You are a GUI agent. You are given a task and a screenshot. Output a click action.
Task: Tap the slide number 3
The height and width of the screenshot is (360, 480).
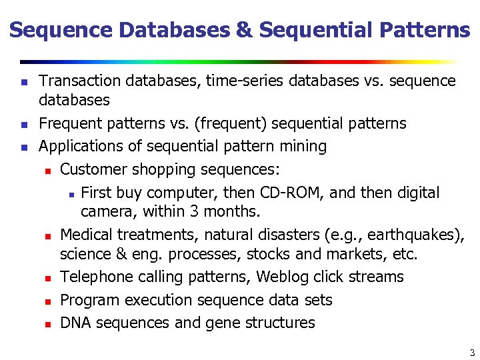pos(471,353)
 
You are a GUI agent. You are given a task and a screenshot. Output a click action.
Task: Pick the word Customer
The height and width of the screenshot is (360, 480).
pos(93,169)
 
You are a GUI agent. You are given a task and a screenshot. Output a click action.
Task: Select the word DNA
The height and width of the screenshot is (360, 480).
pos(75,323)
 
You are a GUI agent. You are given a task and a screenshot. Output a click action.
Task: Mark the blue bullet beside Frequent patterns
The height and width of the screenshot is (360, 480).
pos(23,125)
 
